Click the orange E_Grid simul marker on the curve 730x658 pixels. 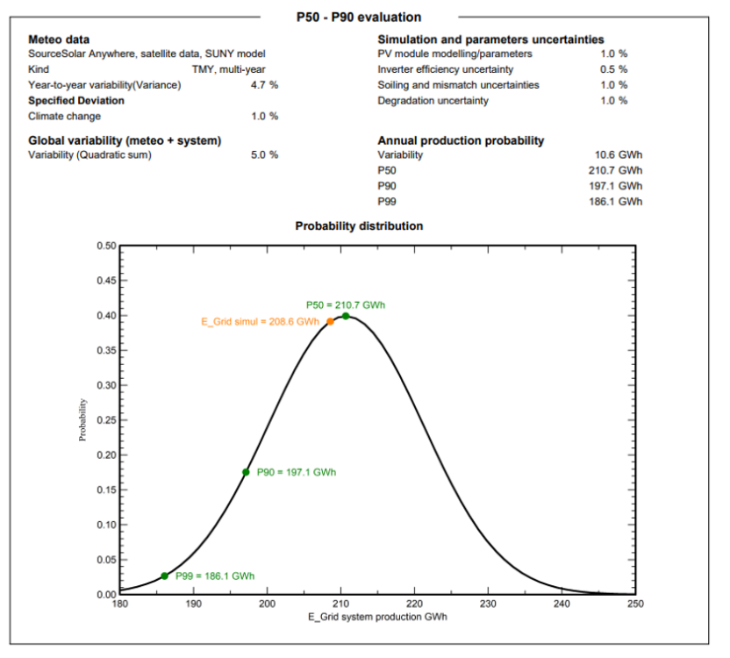pyautogui.click(x=331, y=322)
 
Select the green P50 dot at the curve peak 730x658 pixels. pyautogui.click(x=346, y=316)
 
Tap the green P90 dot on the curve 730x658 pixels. pyautogui.click(x=247, y=472)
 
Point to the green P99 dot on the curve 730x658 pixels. pyautogui.click(x=165, y=576)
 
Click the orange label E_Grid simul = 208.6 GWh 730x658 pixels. pyautogui.click(x=261, y=322)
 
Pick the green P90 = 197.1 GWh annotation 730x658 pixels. pyautogui.click(x=297, y=472)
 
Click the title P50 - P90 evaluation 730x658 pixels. pyautogui.click(x=359, y=17)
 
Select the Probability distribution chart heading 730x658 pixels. pyautogui.click(x=359, y=225)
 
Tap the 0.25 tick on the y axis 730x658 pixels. pyautogui.click(x=106, y=420)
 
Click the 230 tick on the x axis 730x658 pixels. pyautogui.click(x=489, y=604)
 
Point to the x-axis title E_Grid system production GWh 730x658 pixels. pyautogui.click(x=377, y=618)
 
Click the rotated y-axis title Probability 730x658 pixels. pyautogui.click(x=83, y=419)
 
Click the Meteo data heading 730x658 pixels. pyautogui.click(x=59, y=39)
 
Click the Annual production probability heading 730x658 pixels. pyautogui.click(x=461, y=140)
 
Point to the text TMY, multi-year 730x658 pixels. pyautogui.click(x=228, y=69)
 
